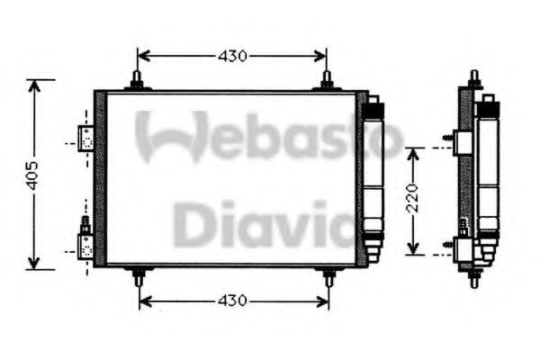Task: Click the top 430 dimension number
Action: [231, 57]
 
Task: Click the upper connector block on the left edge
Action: [86, 136]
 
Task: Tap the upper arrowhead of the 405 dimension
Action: [35, 86]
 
